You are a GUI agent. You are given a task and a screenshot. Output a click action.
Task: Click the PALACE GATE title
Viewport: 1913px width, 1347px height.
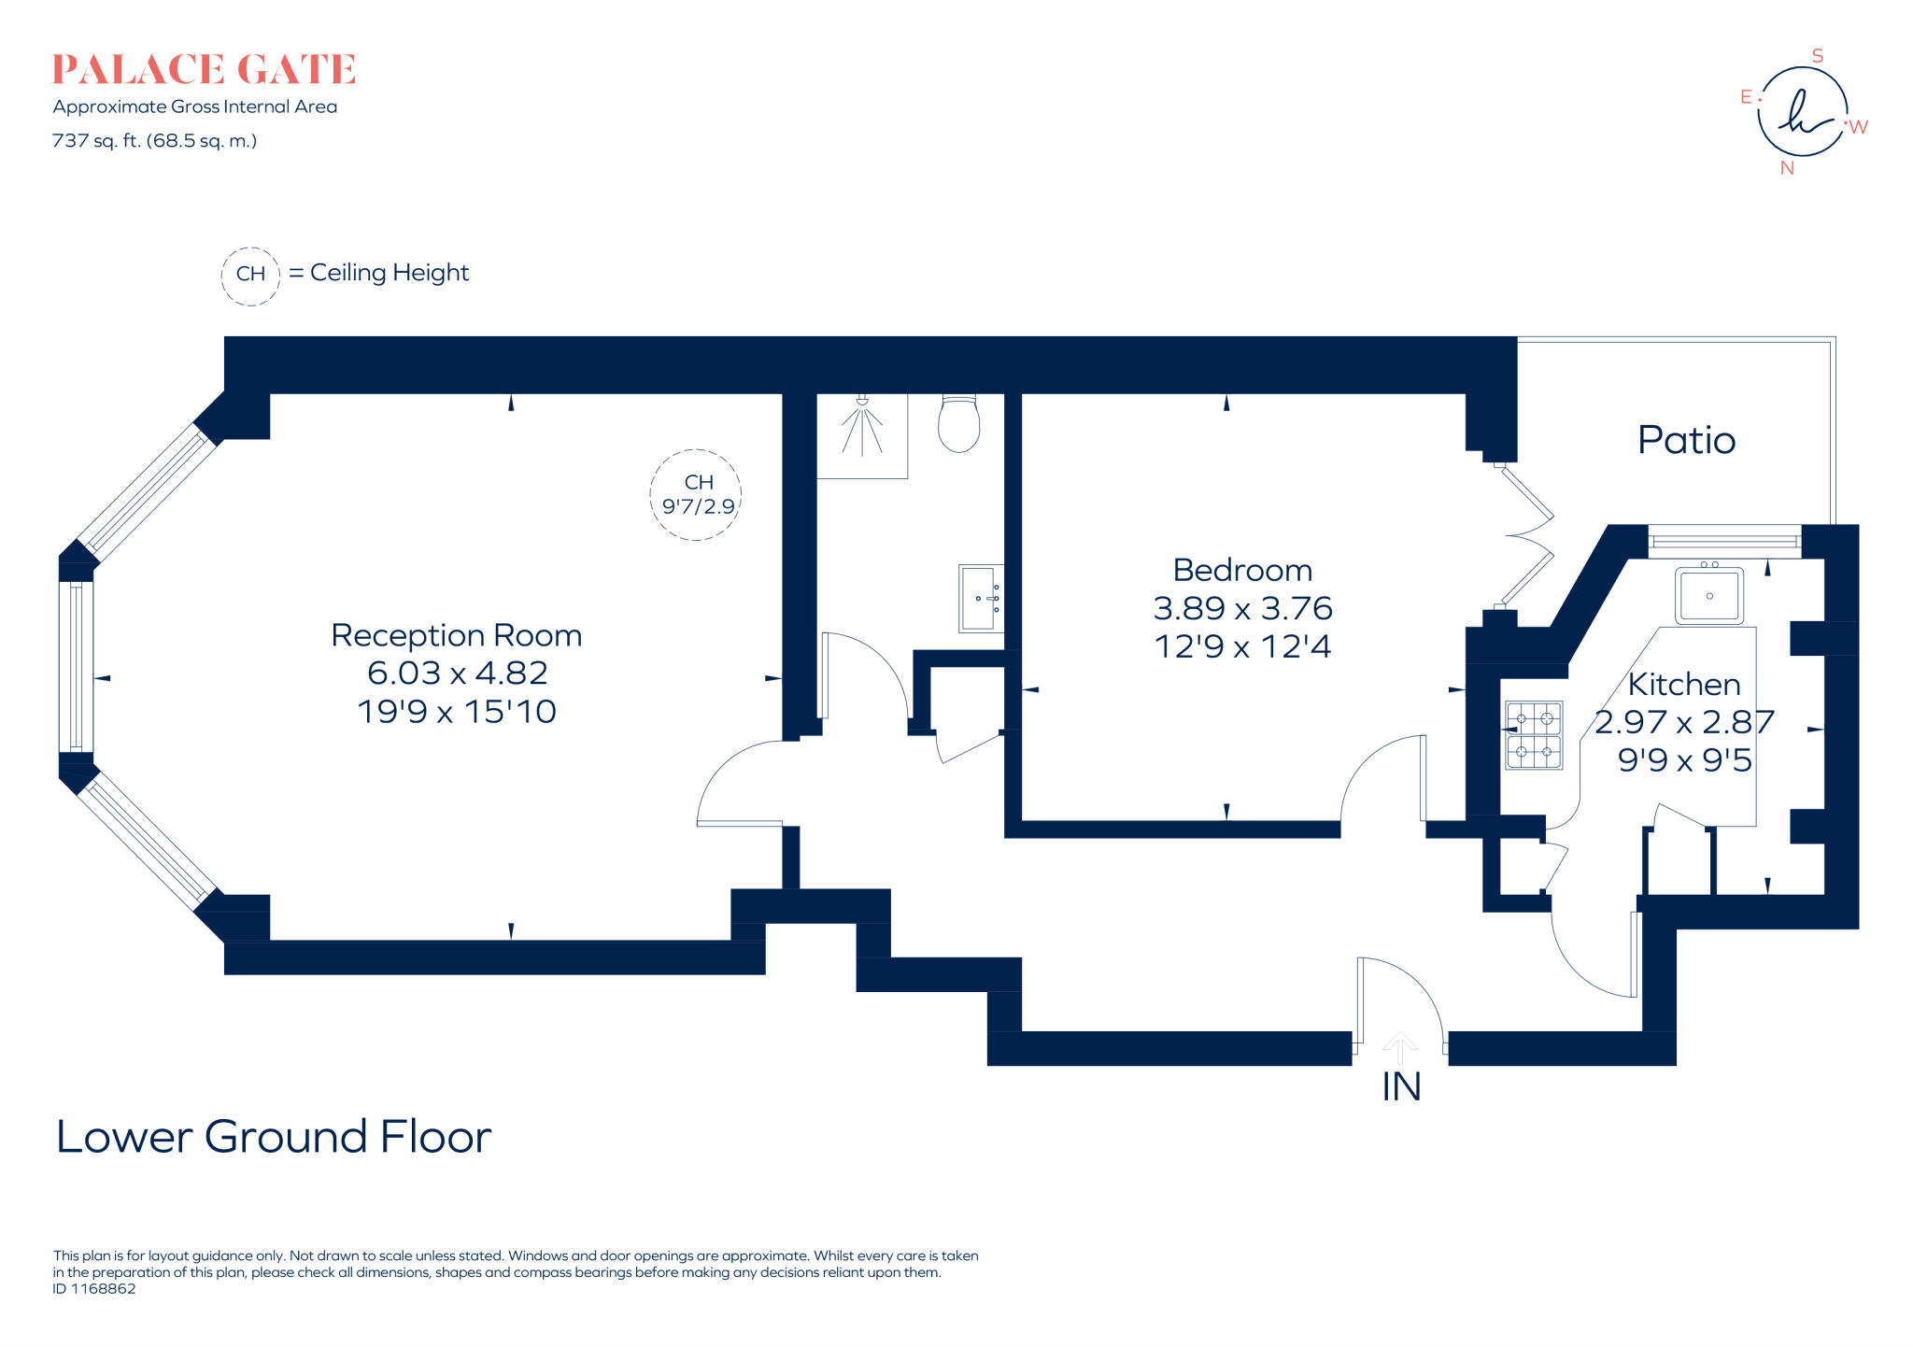tap(204, 70)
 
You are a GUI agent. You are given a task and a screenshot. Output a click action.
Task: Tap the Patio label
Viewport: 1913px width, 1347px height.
tap(1686, 440)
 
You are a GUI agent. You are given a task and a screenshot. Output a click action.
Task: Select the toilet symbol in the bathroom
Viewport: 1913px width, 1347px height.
tap(959, 425)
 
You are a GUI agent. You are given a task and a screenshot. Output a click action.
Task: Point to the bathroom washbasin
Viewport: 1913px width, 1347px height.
tap(980, 598)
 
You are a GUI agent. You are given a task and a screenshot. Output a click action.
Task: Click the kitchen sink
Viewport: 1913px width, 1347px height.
tap(1709, 595)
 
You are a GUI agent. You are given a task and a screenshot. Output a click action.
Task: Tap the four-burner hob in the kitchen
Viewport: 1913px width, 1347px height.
tap(1533, 735)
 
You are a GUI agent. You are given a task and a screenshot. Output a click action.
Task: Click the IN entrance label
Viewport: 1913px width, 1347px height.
tap(1401, 1087)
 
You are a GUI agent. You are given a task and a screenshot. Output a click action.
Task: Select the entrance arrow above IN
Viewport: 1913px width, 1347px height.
tap(1399, 1047)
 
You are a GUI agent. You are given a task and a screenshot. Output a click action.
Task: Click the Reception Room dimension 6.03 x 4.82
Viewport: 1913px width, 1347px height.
tap(457, 673)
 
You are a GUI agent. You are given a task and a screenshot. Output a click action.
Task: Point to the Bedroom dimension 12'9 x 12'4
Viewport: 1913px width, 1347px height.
tap(1242, 646)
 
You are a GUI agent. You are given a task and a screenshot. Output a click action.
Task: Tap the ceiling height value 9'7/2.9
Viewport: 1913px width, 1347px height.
tap(698, 507)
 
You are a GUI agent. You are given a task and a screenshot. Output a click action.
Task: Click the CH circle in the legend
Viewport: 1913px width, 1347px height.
tap(250, 275)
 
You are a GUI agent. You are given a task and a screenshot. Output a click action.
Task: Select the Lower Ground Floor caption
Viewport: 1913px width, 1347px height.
tap(273, 1137)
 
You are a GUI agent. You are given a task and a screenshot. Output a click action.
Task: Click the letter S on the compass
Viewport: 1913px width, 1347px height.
tap(1817, 56)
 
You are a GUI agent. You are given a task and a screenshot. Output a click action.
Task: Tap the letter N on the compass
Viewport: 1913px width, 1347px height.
tap(1787, 168)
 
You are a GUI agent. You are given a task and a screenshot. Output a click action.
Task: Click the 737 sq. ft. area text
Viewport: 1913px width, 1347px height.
tap(154, 141)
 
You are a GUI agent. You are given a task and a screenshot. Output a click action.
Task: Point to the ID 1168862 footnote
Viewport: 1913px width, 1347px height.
tap(94, 1289)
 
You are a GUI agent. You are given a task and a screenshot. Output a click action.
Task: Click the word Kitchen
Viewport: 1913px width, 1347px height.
tap(1683, 685)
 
